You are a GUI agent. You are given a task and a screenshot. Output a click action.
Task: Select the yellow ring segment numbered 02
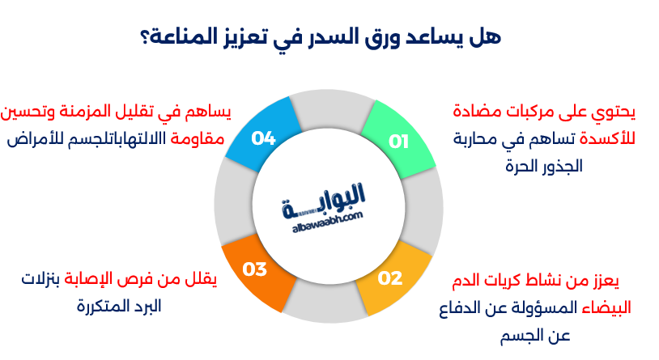[x=392, y=279]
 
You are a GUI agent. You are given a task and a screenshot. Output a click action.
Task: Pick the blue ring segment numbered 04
[x=261, y=138]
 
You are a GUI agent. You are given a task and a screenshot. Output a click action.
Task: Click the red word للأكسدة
[x=609, y=139]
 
